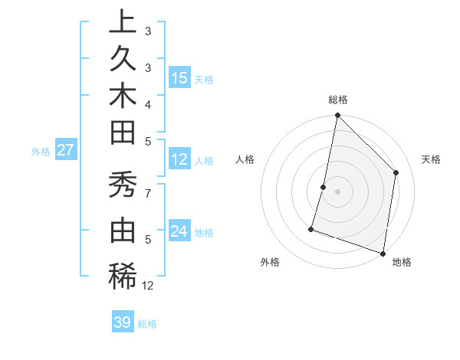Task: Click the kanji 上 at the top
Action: point(123,22)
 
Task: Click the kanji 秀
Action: point(123,186)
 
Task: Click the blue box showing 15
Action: point(179,78)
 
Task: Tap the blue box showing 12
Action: point(179,160)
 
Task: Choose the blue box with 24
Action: point(179,231)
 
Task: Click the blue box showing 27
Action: point(65,150)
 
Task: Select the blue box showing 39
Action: point(123,322)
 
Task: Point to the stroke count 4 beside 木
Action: point(147,103)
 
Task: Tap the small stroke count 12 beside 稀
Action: point(148,286)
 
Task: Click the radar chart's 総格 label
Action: point(337,100)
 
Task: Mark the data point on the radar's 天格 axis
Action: point(396,172)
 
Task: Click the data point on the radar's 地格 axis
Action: point(383,253)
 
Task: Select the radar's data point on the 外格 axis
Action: point(311,228)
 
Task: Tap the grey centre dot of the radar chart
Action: point(337,191)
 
